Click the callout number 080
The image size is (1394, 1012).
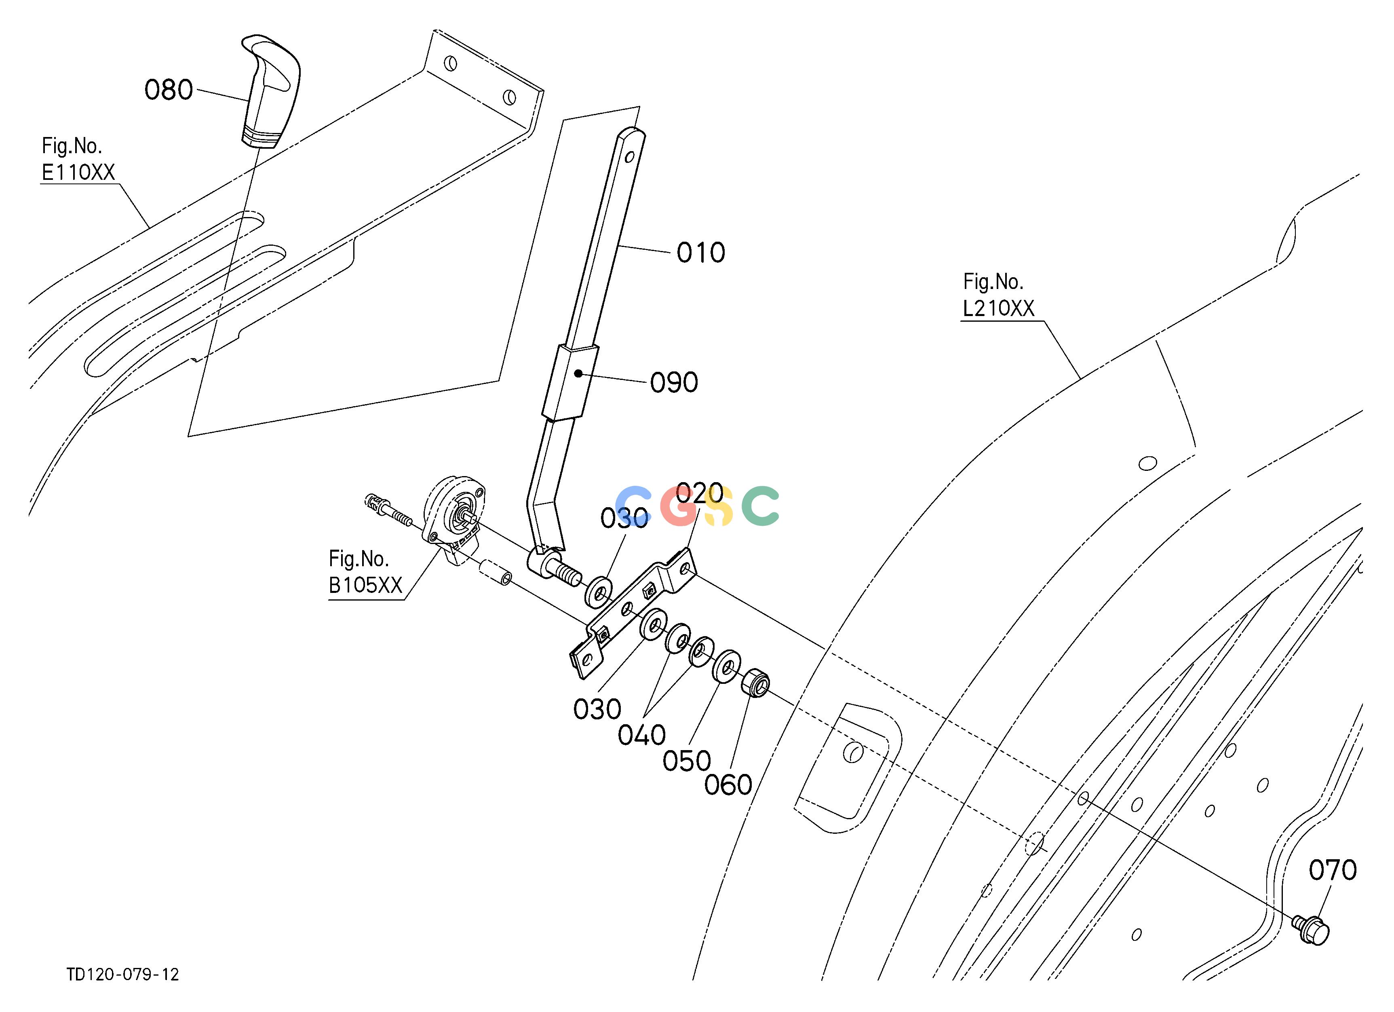pyautogui.click(x=169, y=90)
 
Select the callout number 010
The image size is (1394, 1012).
pyautogui.click(x=701, y=253)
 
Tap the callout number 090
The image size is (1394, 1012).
pyautogui.click(x=674, y=383)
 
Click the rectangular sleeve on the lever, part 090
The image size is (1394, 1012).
pyautogui.click(x=570, y=382)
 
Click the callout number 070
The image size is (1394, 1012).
pyautogui.click(x=1333, y=870)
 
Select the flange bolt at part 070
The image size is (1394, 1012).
pyautogui.click(x=1312, y=930)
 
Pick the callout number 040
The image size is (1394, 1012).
pyautogui.click(x=642, y=735)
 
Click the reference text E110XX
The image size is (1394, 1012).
pyautogui.click(x=78, y=173)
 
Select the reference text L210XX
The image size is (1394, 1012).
pyautogui.click(x=999, y=308)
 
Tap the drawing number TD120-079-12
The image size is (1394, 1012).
pyautogui.click(x=123, y=974)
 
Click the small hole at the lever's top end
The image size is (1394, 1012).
pyautogui.click(x=629, y=157)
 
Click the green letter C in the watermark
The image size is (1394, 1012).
pyautogui.click(x=760, y=505)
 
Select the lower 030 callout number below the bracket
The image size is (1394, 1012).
pyautogui.click(x=597, y=710)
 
